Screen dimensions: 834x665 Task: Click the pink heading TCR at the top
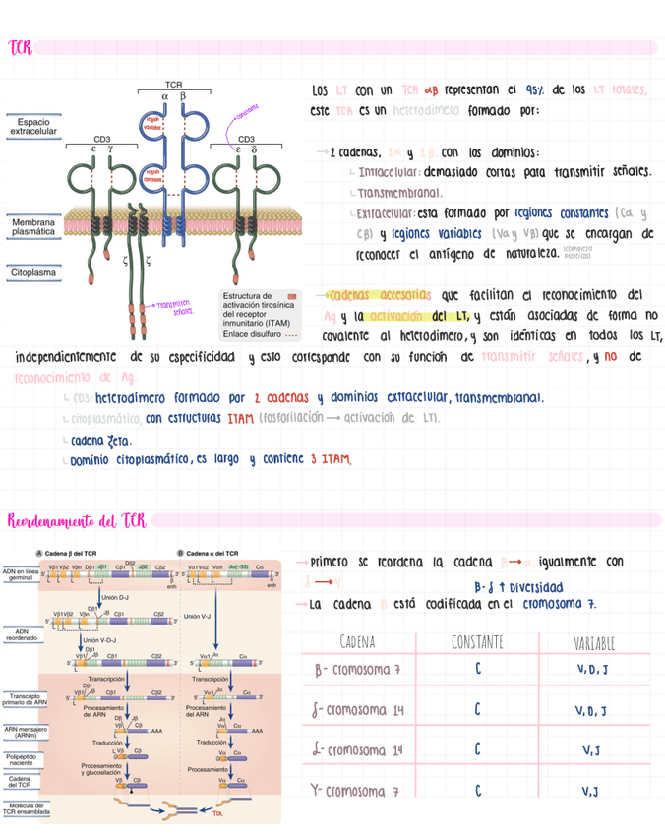tap(19, 47)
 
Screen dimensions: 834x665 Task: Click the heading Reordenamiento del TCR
tap(77, 519)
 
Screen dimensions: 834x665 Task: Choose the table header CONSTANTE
tap(477, 643)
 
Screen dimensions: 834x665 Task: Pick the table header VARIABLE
tap(593, 644)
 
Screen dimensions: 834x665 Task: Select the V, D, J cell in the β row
tap(592, 670)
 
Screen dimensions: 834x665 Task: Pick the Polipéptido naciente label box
tap(22, 760)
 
